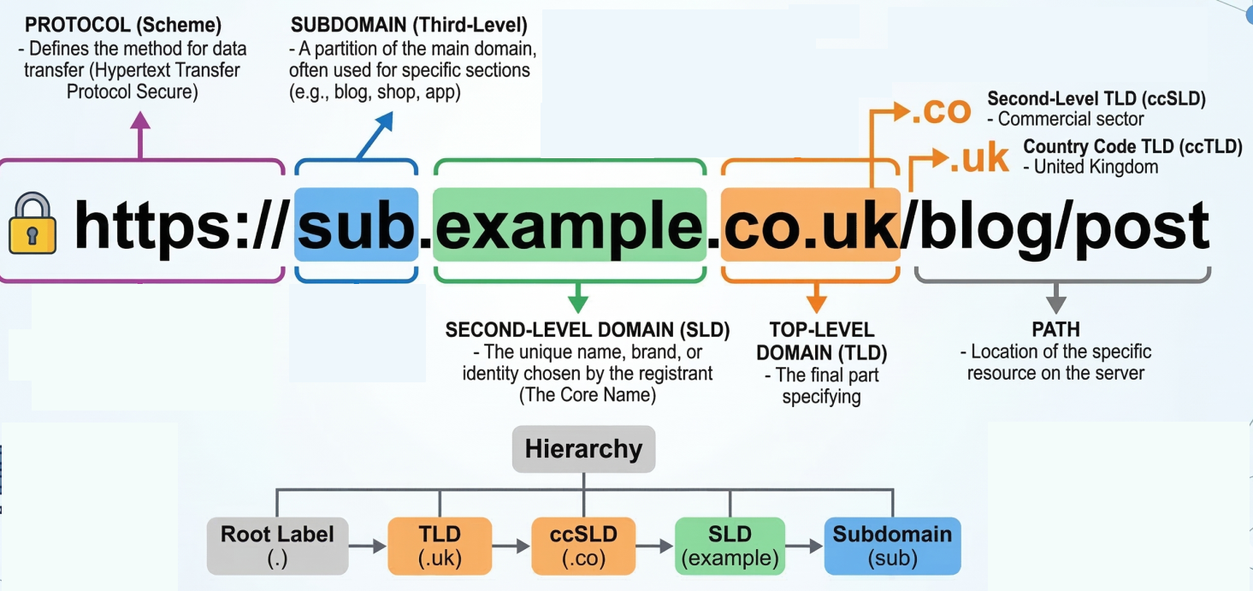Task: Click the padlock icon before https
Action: [x=33, y=225]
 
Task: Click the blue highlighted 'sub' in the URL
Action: [x=356, y=225]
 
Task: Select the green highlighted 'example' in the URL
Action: [x=570, y=225]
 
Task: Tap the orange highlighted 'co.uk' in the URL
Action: [x=810, y=225]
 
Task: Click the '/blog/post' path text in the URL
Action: [x=1055, y=225]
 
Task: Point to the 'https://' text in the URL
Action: [x=178, y=225]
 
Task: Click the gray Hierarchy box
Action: [x=583, y=449]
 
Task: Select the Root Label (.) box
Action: [x=278, y=546]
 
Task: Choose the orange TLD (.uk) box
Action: [x=440, y=546]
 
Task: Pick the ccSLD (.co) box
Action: [x=583, y=546]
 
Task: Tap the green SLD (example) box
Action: [x=730, y=546]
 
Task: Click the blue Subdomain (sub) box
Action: [x=892, y=546]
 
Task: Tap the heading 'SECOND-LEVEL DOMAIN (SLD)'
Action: [x=587, y=330]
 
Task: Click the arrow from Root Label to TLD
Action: [x=368, y=546]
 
